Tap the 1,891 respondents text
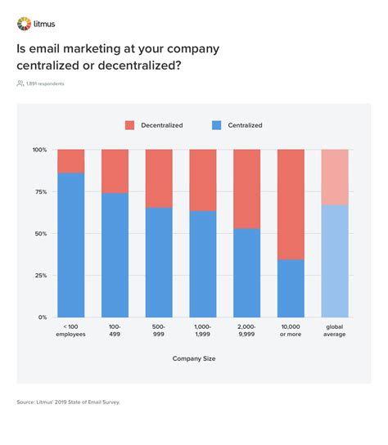point(45,83)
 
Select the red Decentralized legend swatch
point(129,125)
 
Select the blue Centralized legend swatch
point(217,125)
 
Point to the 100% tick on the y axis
point(40,150)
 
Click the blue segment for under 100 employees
point(71,245)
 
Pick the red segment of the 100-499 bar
point(115,171)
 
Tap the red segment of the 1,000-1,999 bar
point(203,180)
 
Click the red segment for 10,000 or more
point(291,205)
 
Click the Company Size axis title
point(194,359)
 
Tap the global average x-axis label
point(335,330)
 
